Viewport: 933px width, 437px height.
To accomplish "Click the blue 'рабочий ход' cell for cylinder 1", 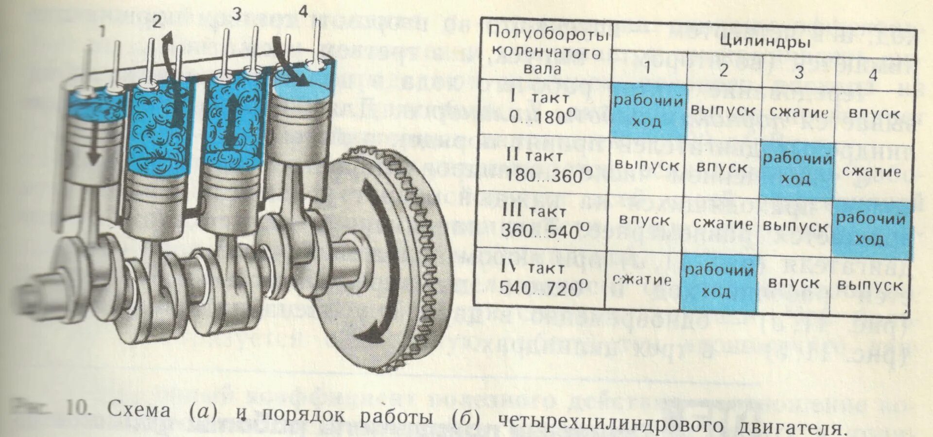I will (x=647, y=111).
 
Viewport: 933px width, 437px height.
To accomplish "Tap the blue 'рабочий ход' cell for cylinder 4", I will (x=870, y=228).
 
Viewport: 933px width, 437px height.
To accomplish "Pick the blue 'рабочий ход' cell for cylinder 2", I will (x=719, y=281).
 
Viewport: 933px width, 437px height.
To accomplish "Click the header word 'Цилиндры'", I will (x=764, y=42).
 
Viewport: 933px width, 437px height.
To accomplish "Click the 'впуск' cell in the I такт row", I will (x=873, y=114).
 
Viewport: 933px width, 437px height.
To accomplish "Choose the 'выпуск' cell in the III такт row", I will (x=795, y=227).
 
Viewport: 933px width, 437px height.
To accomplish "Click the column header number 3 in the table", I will (x=799, y=73).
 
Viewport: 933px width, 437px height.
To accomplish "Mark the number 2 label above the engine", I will (x=156, y=22).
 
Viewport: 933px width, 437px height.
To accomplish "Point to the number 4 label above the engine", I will (x=303, y=12).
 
